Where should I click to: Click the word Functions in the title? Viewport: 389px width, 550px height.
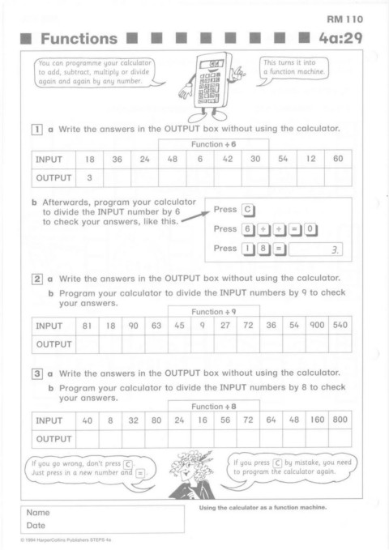79,39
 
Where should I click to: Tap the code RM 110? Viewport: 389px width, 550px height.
344,19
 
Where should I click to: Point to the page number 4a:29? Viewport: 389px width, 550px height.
340,38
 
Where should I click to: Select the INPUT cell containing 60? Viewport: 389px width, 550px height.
338,159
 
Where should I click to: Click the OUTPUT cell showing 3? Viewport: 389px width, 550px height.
89,177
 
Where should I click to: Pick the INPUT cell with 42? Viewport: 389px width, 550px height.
228,159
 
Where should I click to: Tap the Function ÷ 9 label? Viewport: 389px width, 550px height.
213,312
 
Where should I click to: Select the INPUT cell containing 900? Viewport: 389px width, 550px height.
317,325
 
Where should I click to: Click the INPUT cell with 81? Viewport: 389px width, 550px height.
87,326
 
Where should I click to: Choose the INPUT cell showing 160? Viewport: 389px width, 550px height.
317,420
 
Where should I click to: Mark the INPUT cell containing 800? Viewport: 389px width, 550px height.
340,420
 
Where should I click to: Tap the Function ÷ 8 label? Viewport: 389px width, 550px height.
213,406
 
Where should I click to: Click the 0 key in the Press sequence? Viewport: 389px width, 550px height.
310,229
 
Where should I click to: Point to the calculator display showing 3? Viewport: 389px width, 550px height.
315,249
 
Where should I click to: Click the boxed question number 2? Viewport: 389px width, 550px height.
37,279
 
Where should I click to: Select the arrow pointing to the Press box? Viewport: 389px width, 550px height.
195,217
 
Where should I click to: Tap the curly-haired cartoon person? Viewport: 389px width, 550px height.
192,475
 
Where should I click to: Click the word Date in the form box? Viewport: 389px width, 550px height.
36,526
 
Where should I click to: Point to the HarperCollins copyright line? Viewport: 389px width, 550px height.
66,540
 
